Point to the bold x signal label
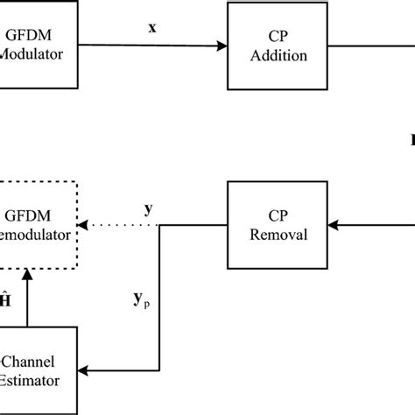[x=153, y=27]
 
